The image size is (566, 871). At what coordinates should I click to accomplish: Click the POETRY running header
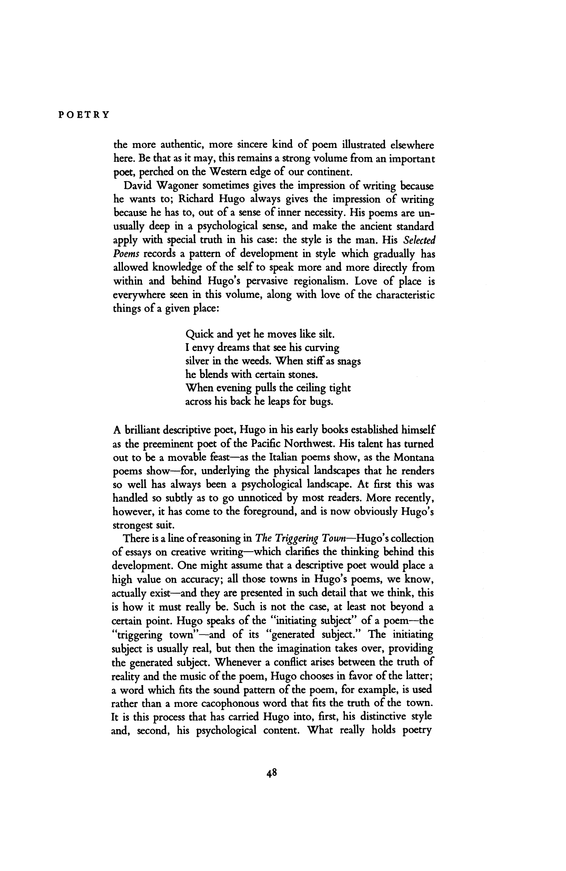click(x=83, y=114)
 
